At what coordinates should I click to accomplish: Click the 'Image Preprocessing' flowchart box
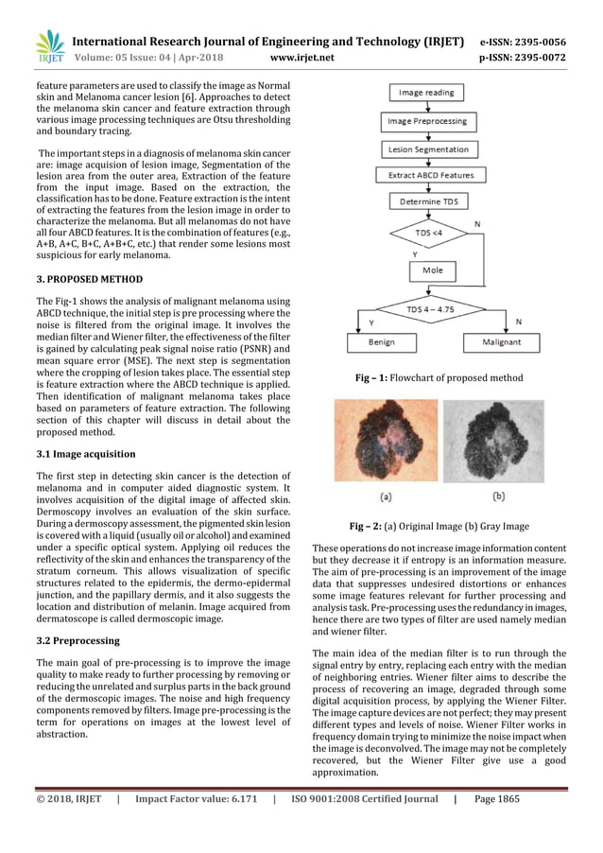[425, 121]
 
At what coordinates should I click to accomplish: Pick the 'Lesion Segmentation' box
[427, 148]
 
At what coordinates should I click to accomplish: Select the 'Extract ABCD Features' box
[427, 175]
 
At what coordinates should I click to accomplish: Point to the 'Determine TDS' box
[427, 201]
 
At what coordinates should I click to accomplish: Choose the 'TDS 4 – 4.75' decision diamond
[426, 308]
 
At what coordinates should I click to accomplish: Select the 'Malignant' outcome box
[505, 340]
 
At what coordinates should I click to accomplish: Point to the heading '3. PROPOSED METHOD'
[90, 280]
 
